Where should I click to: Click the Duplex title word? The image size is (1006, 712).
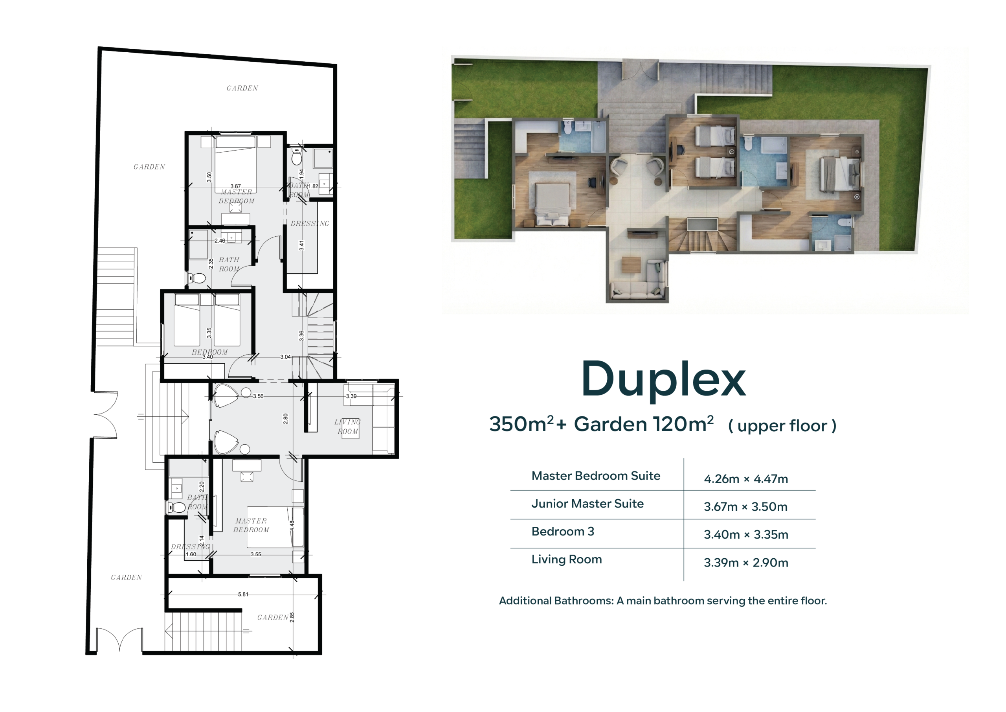[x=663, y=380]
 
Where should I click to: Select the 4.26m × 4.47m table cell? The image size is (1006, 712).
[x=746, y=479]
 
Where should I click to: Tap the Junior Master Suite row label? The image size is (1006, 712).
[x=587, y=504]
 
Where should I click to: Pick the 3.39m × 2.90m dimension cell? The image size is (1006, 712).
[x=746, y=563]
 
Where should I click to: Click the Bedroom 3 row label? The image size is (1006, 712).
[x=563, y=532]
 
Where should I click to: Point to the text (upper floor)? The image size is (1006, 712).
[x=782, y=426]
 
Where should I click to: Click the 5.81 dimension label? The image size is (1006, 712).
[x=243, y=594]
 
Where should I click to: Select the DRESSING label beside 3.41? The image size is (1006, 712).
[x=310, y=224]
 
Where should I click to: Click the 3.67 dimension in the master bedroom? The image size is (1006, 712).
[x=235, y=186]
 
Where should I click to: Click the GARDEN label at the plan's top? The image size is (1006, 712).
[x=242, y=88]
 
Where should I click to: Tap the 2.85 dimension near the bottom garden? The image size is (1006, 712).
[x=292, y=617]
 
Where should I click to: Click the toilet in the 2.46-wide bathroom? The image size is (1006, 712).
[x=198, y=278]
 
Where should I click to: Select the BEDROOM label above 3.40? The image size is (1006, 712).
[x=209, y=352]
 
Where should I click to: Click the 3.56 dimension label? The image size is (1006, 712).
[x=258, y=396]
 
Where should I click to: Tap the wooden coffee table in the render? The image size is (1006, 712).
[x=631, y=265]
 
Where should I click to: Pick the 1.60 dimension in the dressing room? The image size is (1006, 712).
[x=191, y=554]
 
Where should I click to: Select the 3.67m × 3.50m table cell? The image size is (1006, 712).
[x=746, y=507]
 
